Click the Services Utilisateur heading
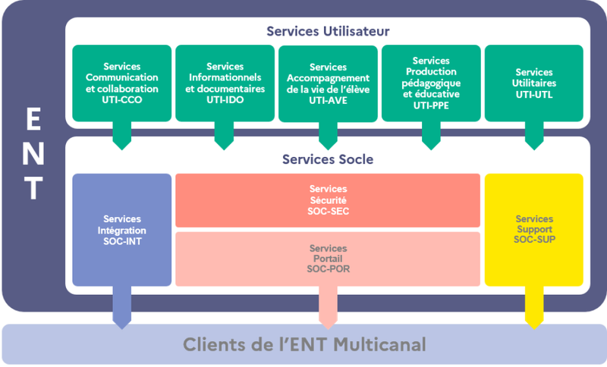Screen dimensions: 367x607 (x=328, y=31)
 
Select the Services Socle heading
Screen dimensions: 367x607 (x=328, y=160)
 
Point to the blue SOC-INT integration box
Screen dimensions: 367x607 (x=122, y=230)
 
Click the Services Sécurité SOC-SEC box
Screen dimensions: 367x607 (x=328, y=200)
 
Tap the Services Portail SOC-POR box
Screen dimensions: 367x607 (x=328, y=259)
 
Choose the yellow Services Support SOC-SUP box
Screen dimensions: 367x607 (x=534, y=230)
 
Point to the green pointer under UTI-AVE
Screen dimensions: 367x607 (x=328, y=138)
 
